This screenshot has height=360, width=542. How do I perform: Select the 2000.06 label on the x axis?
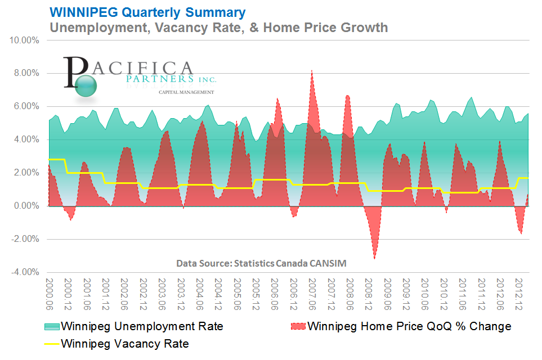(49, 293)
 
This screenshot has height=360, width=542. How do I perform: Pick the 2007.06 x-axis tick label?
(312, 293)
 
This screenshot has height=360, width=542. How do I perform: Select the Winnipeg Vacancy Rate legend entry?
(124, 343)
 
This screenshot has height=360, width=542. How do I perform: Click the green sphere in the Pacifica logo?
(85, 86)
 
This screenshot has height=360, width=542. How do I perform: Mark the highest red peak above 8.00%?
(312, 71)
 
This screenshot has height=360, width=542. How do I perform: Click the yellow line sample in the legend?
(51, 343)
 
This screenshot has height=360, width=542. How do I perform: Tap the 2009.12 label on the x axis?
(406, 293)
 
